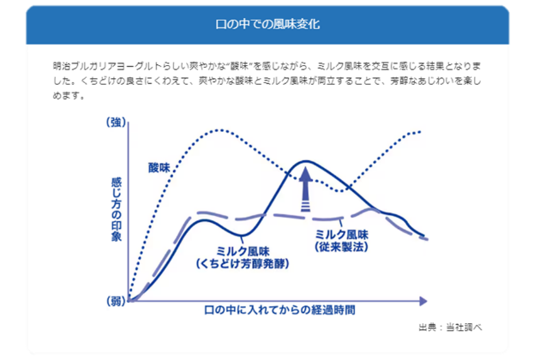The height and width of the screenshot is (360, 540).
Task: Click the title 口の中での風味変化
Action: coord(267,24)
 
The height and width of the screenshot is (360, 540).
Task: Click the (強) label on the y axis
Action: coord(116,122)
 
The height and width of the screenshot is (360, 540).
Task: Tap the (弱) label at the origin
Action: coord(116,301)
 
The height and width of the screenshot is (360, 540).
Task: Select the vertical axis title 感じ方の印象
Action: coord(117,209)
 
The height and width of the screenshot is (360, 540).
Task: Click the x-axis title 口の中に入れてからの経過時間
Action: coord(279,310)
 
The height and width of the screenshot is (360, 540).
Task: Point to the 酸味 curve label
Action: coord(159,167)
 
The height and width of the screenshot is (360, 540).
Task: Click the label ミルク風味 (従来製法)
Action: coord(342,241)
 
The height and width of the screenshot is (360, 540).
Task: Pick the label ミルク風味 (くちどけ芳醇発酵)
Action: coord(243,257)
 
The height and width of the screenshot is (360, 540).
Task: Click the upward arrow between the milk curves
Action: coord(305,189)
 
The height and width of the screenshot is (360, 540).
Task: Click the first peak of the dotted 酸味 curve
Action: coord(219,130)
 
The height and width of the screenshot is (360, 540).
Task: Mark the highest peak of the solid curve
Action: coord(305,161)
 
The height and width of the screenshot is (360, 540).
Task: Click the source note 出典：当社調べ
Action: coord(450,327)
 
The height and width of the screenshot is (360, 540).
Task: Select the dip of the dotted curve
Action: coord(341,190)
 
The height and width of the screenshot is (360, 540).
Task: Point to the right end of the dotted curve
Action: coord(420,132)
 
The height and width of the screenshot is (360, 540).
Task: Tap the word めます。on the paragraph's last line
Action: coord(69,95)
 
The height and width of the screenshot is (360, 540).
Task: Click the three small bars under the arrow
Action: coord(305,207)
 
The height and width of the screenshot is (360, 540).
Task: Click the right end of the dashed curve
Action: coord(427,239)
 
